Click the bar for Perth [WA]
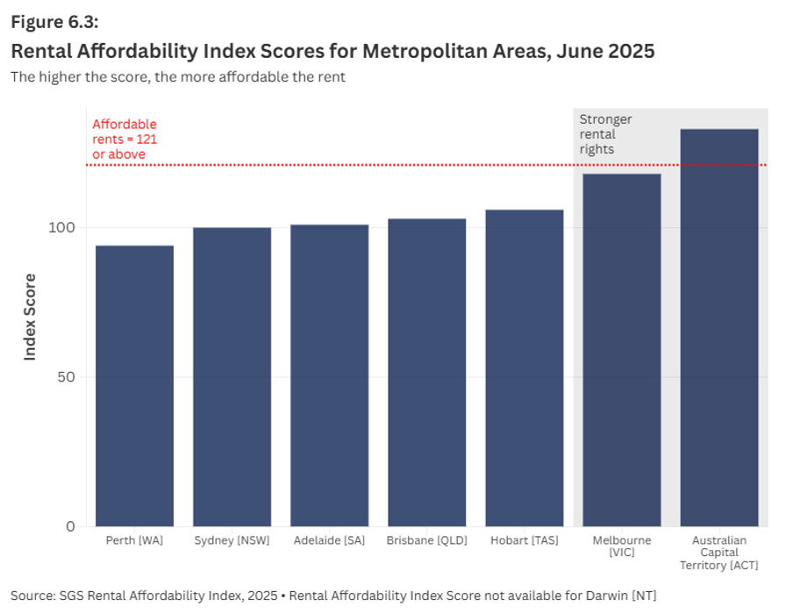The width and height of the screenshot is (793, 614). (x=134, y=386)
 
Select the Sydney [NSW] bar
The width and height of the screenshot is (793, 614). (x=232, y=377)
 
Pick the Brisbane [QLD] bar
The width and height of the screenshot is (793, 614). (x=426, y=373)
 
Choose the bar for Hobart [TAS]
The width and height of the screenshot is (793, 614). (x=524, y=368)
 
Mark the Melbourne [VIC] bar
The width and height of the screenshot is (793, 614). (x=621, y=350)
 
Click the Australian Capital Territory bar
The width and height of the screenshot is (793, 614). (x=718, y=328)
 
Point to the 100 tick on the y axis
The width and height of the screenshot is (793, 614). (x=67, y=228)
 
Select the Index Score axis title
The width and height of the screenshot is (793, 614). (x=30, y=317)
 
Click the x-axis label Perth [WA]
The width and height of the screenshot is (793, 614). (x=134, y=540)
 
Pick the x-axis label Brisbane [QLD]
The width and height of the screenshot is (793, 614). (x=426, y=540)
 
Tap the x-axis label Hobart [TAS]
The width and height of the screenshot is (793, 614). (x=524, y=540)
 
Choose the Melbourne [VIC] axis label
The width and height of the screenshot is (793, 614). (x=621, y=546)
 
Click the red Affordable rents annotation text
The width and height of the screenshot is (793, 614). (x=125, y=139)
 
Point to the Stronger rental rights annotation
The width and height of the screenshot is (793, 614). (x=605, y=134)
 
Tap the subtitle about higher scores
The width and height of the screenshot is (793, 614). (x=178, y=76)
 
